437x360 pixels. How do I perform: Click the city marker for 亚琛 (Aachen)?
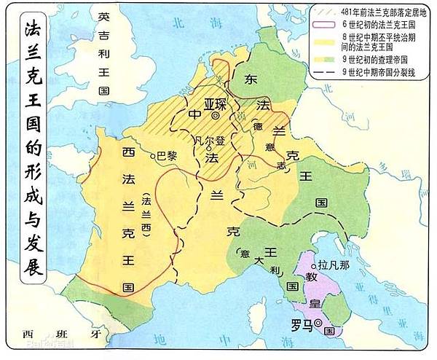click(216, 116)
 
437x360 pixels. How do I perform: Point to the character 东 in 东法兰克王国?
click(252, 78)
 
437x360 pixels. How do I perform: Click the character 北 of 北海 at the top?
click(173, 24)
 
